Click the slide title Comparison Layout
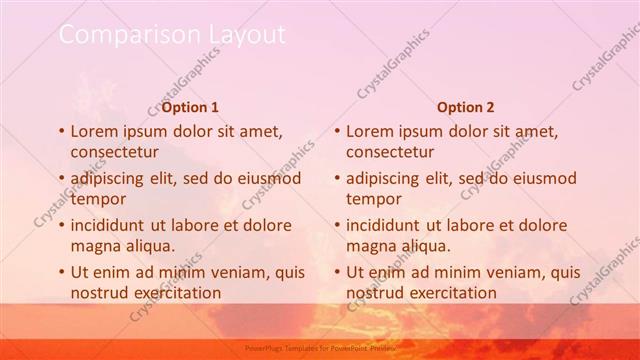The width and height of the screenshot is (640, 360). coord(172,34)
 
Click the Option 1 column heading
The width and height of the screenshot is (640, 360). coord(190,107)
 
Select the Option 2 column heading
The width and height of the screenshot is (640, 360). coord(465,107)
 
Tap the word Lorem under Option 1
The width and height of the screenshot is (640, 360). coord(94,131)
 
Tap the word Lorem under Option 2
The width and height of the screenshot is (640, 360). coord(370,131)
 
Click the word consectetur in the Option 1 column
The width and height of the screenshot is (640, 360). coord(114,152)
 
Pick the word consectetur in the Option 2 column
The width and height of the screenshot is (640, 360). coord(390,152)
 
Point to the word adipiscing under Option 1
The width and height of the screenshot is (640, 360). coord(110,178)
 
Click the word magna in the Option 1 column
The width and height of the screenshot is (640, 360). coord(94,246)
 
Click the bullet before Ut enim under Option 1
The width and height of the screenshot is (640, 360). coord(60,272)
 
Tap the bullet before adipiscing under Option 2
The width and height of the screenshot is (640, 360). coord(336,178)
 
